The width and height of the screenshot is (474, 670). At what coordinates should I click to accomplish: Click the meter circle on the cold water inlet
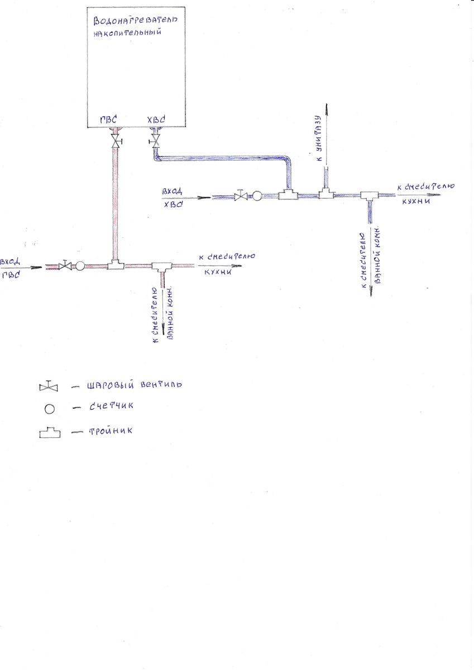(x=257, y=196)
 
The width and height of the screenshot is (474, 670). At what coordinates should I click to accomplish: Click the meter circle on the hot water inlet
(x=79, y=266)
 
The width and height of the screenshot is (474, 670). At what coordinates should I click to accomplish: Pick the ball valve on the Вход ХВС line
(x=241, y=196)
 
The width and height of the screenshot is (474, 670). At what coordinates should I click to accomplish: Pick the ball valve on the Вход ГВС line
(x=66, y=266)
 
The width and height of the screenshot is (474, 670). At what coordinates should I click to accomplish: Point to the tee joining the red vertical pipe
(x=116, y=265)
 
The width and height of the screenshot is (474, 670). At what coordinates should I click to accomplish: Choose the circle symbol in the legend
(x=49, y=409)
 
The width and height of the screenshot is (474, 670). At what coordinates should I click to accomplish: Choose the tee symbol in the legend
(x=50, y=433)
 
